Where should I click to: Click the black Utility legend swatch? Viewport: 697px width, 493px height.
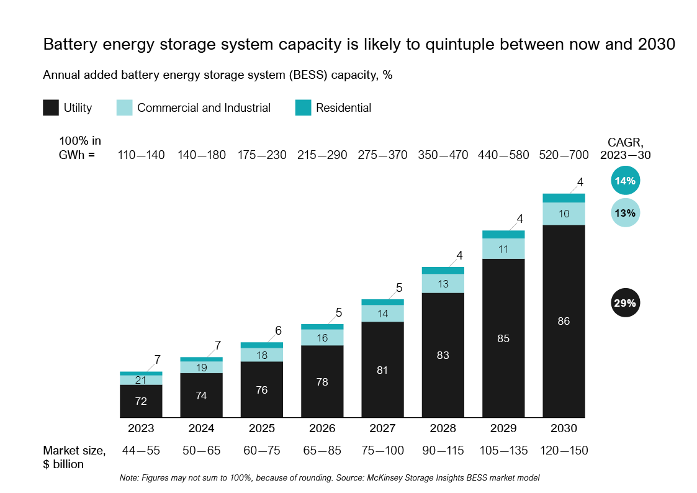pos(51,107)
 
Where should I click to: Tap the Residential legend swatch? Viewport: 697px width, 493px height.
pos(303,107)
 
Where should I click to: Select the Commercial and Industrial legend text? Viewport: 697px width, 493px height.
pos(204,107)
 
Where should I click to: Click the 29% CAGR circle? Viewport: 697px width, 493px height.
pos(625,304)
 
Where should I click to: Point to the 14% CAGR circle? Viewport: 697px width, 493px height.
pos(625,181)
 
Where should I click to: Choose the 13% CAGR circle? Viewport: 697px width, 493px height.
pos(625,213)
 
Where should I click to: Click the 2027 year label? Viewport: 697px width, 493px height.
pos(382,428)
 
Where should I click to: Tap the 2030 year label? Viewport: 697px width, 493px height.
pos(564,428)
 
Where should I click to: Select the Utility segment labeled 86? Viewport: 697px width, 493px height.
pos(564,321)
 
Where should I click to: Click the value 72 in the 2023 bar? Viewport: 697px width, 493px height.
pos(141,401)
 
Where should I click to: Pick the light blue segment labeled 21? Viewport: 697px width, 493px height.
pos(141,380)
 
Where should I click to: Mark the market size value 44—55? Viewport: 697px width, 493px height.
pos(141,451)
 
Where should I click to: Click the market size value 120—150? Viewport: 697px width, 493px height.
pos(564,451)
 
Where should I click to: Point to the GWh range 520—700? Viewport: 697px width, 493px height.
pos(564,155)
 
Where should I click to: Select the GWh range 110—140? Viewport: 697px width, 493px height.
pos(141,155)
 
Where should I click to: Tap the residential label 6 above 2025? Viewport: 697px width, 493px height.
pos(279,331)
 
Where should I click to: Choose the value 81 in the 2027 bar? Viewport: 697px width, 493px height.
pos(382,370)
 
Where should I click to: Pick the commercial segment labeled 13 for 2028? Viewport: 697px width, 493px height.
pos(443,284)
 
